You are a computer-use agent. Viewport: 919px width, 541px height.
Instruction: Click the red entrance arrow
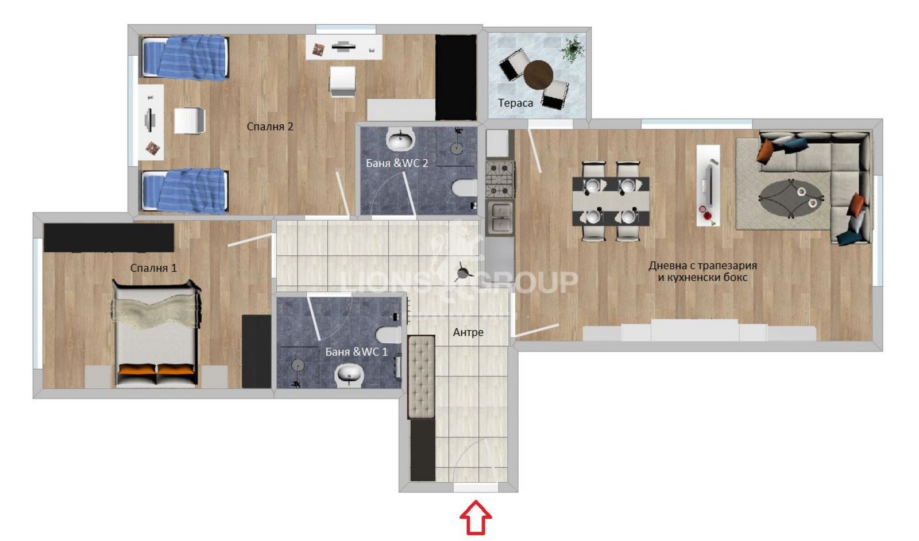coord(476,517)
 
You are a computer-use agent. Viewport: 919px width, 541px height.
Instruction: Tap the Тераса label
coord(515,103)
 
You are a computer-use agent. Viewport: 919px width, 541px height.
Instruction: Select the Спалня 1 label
coord(153,268)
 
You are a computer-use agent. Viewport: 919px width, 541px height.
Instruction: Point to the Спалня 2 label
coord(270,126)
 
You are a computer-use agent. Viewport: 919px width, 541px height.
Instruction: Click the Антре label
coord(468,332)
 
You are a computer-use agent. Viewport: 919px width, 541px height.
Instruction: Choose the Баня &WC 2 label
coord(397,163)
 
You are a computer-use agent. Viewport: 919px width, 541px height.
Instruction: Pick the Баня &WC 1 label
coord(356,352)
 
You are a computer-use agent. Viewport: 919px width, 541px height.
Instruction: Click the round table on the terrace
coord(538,74)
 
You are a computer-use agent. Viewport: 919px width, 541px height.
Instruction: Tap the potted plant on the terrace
coord(572,48)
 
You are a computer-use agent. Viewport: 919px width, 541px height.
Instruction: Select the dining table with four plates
coord(611,201)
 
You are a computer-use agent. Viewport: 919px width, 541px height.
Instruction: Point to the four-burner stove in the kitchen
coord(500,179)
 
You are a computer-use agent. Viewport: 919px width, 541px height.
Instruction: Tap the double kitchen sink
coord(500,217)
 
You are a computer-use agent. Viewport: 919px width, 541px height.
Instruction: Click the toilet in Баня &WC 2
coord(464,188)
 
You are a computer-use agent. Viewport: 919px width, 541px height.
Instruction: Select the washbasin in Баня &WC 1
coord(349,375)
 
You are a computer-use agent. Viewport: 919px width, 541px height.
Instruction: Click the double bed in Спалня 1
coord(156,333)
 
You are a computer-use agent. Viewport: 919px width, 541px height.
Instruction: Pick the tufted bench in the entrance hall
coord(421,377)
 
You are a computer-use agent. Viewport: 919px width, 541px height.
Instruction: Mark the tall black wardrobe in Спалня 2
coord(455,77)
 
